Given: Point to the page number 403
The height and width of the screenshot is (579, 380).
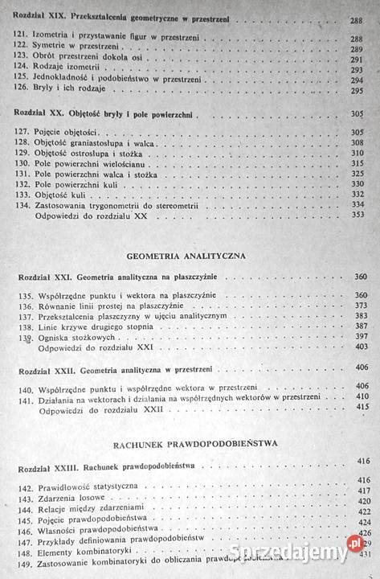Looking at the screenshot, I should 359,347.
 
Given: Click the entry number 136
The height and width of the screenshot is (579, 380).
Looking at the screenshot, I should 24,306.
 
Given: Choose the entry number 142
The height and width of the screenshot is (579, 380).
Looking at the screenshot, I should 25,487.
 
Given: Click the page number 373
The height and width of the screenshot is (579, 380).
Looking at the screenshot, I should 359,306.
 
